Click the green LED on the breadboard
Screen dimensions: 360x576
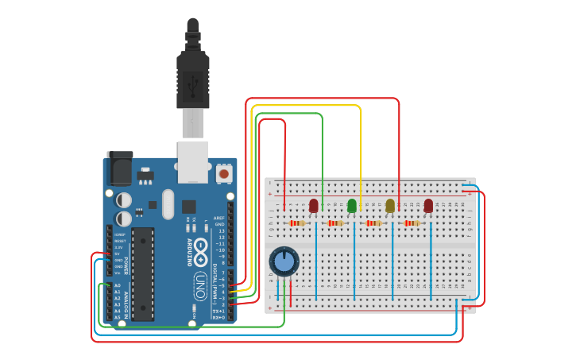[352, 206]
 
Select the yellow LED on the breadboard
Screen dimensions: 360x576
[390, 206]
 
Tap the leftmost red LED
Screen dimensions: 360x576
[314, 206]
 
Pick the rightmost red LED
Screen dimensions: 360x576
[429, 206]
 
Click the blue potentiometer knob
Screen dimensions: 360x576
[284, 261]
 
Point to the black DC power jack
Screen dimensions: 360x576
[120, 169]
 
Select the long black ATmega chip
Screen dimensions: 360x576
[142, 274]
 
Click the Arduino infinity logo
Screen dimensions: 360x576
[200, 251]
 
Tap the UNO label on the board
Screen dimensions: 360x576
[200, 281]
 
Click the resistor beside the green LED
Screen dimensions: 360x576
[335, 223]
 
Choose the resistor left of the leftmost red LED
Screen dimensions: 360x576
[297, 223]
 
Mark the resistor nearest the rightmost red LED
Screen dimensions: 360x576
[412, 223]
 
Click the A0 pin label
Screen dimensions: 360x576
[118, 285]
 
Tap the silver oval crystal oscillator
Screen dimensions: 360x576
[168, 203]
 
